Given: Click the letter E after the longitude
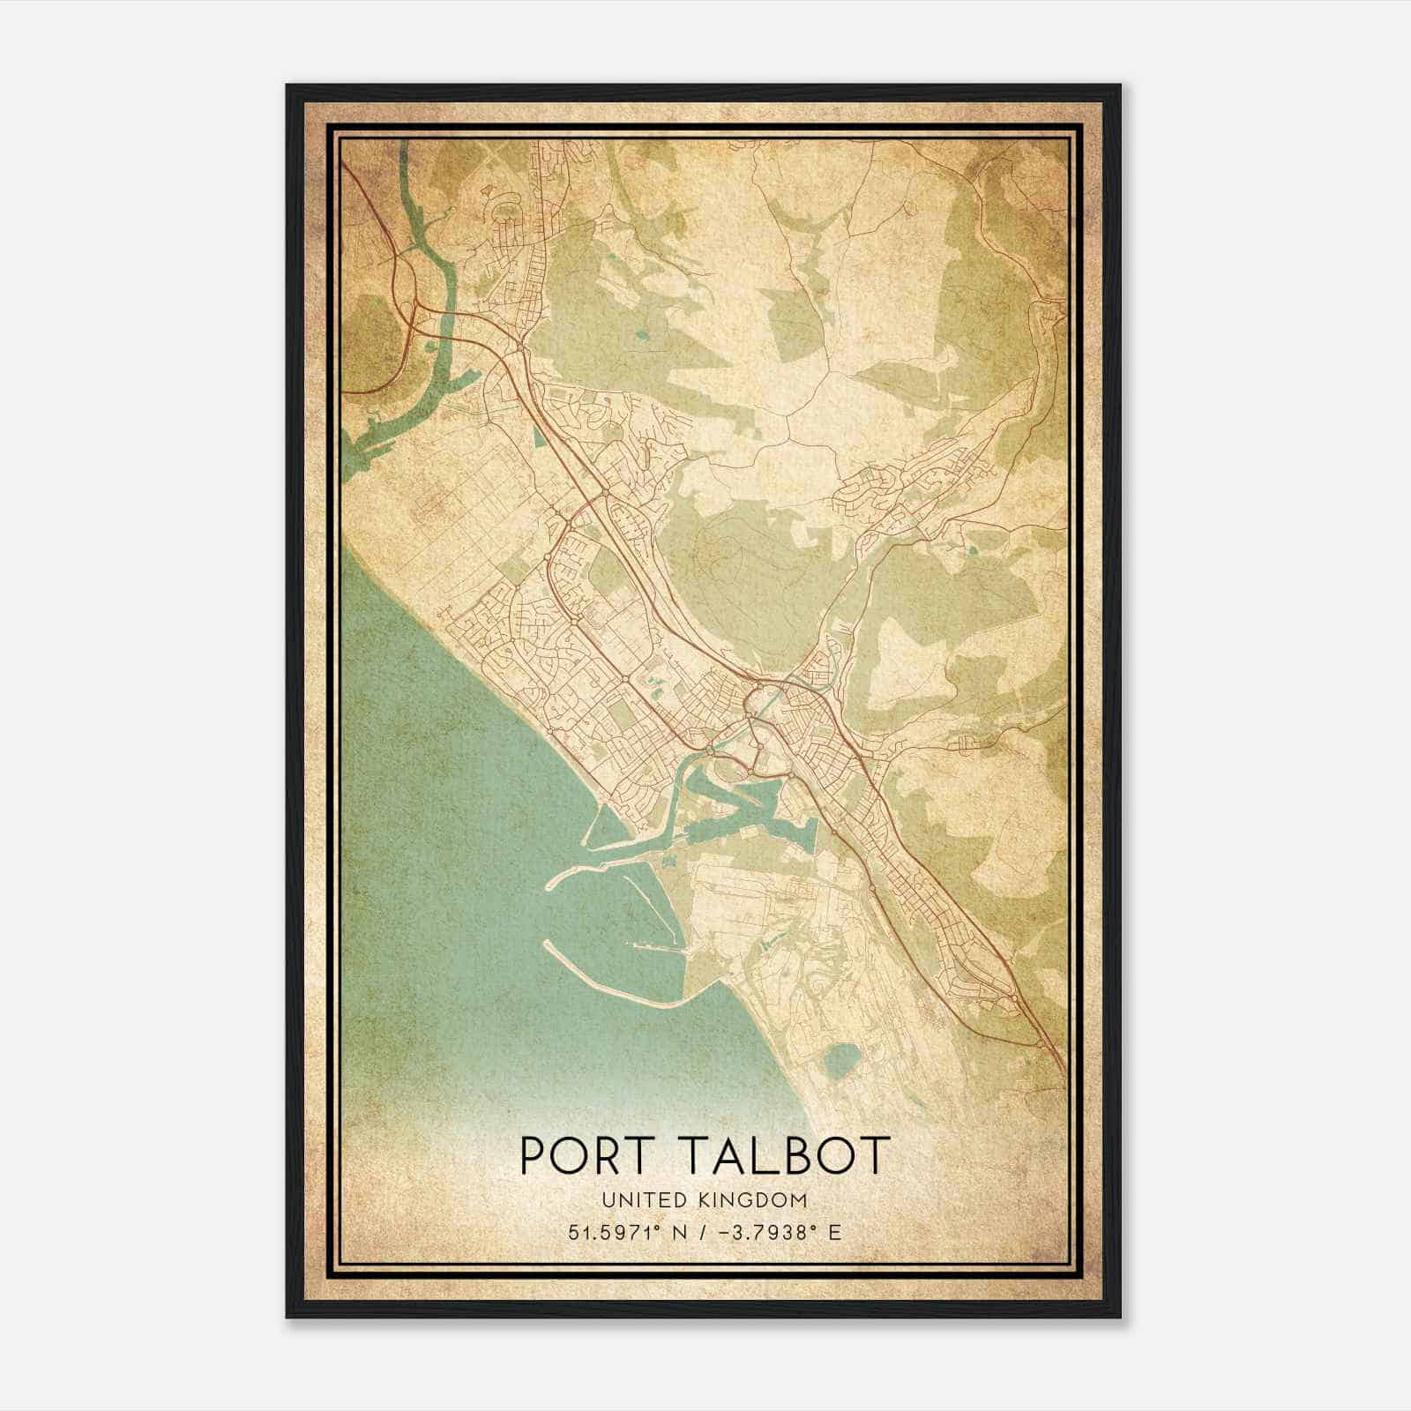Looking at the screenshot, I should click(x=834, y=1232).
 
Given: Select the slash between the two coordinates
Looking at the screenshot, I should click(x=701, y=1232).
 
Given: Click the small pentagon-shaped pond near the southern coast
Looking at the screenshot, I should click(x=843, y=1059).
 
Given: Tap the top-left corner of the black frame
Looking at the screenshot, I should click(x=287, y=86).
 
